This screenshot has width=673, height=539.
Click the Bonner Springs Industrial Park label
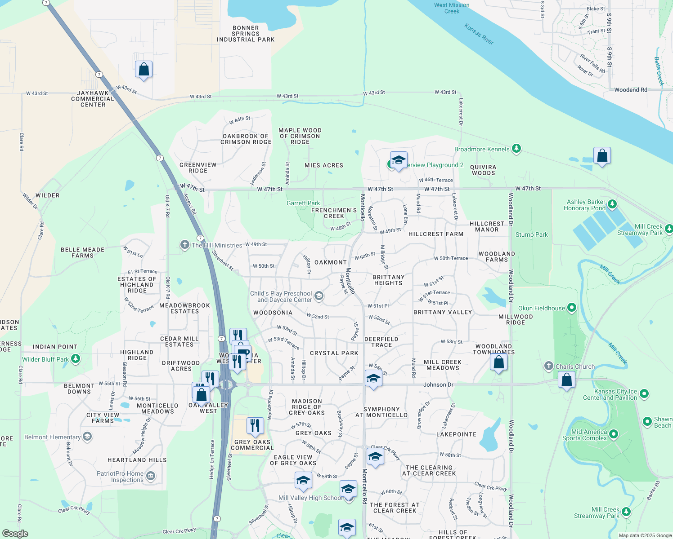[246, 34]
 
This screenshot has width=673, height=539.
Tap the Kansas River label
[479, 34]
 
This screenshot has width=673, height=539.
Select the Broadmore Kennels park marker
[516, 149]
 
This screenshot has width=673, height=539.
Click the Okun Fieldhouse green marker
[572, 308]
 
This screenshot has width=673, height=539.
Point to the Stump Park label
[532, 234]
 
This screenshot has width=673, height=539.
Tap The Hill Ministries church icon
[184, 245]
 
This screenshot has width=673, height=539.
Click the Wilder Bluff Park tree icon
[76, 359]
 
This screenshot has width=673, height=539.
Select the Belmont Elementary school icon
[87, 437]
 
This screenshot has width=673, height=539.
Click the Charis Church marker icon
[548, 366]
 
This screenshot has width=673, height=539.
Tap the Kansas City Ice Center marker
[644, 394]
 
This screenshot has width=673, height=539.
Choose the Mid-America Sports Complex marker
[614, 434]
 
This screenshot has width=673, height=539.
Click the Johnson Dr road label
[438, 384]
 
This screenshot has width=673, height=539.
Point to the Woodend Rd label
[631, 90]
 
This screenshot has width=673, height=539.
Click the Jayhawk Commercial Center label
[93, 99]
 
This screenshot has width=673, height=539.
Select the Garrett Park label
[303, 203]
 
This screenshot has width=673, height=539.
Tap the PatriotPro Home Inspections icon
[151, 476]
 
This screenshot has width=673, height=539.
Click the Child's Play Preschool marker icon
[319, 296]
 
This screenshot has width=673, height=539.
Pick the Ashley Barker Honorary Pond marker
[612, 205]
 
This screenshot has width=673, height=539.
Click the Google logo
[15, 533]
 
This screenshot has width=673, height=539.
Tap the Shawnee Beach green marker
[647, 421]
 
